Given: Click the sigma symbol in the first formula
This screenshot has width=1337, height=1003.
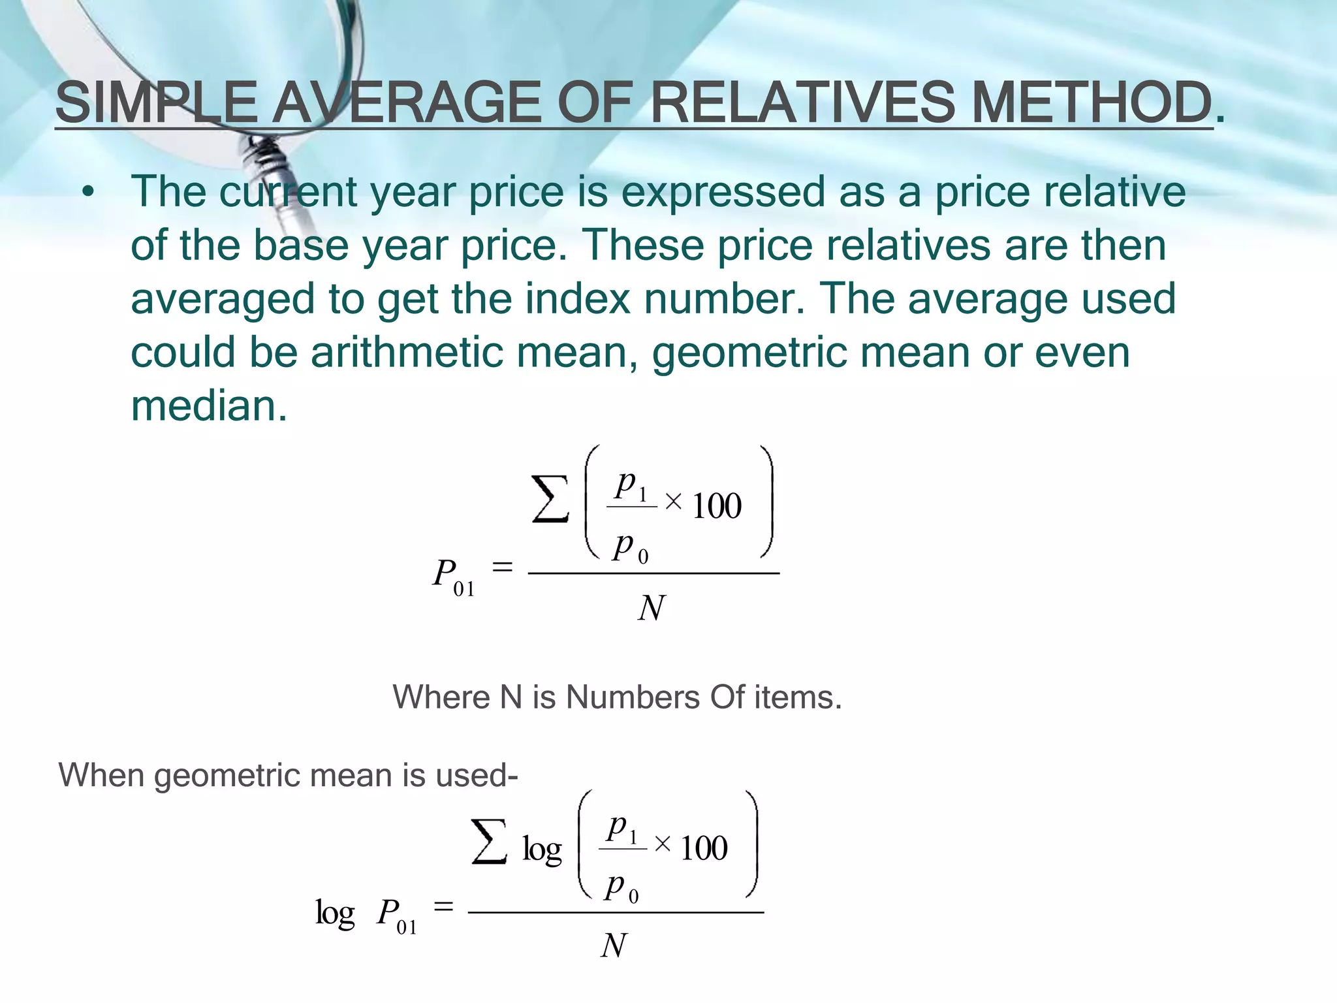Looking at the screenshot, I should [x=550, y=500].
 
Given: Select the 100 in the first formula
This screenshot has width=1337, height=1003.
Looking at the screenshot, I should [x=716, y=506].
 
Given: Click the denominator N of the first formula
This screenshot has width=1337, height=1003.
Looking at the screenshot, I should [x=652, y=608].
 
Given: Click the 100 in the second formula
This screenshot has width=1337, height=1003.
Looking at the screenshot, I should [x=703, y=848].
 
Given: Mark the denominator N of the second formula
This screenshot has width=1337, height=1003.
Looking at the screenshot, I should [x=614, y=946].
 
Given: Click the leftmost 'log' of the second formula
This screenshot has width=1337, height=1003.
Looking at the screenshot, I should [x=335, y=912].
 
